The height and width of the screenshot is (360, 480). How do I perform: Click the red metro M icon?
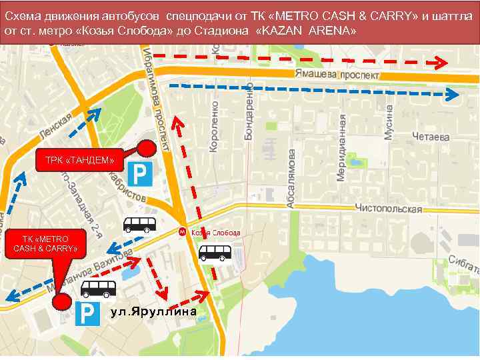pyautogui.click(x=182, y=232)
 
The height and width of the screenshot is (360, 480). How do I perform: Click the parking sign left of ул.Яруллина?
pyautogui.click(x=87, y=314)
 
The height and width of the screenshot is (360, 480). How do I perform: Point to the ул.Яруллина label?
pyautogui.click(x=153, y=312)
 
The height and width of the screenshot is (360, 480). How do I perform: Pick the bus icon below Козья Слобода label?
pyautogui.click(x=215, y=252)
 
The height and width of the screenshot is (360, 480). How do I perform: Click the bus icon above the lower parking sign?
pyautogui.click(x=98, y=288)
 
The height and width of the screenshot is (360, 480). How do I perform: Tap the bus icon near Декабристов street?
pyautogui.click(x=139, y=224)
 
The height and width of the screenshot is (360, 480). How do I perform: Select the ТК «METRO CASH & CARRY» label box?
pyautogui.click(x=45, y=244)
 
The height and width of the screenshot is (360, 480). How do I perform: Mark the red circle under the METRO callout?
pyautogui.click(x=61, y=302)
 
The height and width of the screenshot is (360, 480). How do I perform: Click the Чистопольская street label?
pyautogui.click(x=389, y=209)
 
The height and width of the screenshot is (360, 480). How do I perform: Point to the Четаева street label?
pyautogui.click(x=431, y=137)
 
